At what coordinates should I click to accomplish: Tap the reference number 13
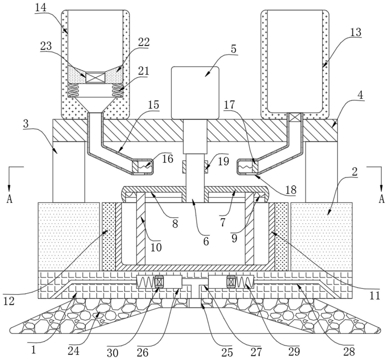click(355, 32)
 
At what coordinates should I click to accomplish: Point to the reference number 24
click(74, 351)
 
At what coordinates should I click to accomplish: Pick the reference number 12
click(9, 301)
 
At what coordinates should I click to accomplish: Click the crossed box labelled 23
click(95, 77)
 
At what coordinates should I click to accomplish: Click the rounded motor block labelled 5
click(195, 93)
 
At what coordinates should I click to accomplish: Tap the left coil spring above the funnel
click(74, 90)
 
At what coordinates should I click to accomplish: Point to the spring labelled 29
click(245, 282)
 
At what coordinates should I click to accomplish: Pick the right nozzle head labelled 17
click(248, 167)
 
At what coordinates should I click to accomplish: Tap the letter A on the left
click(9, 199)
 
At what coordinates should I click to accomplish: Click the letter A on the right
click(382, 198)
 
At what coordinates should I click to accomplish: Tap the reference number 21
click(144, 71)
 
